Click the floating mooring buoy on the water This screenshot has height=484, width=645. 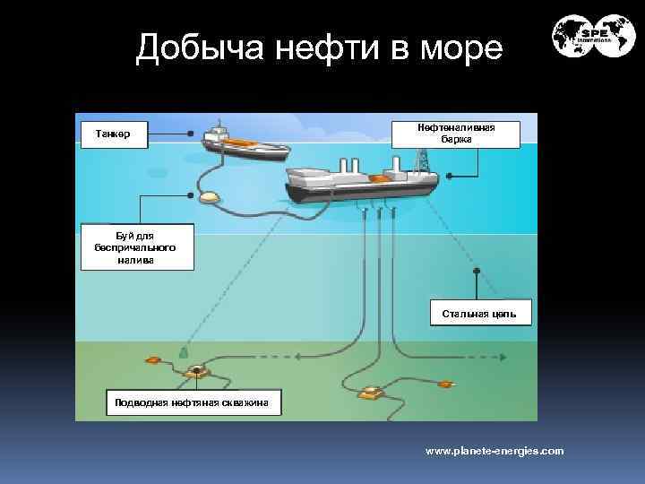pyautogui.click(x=211, y=197)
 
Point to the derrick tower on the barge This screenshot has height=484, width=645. pyautogui.click(x=421, y=160)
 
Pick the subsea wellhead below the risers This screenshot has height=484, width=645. pyautogui.click(x=371, y=393)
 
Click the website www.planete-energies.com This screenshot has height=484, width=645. pyautogui.click(x=494, y=451)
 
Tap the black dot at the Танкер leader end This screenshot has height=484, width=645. pyautogui.click(x=191, y=134)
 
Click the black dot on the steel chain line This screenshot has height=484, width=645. pyautogui.click(x=477, y=270)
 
